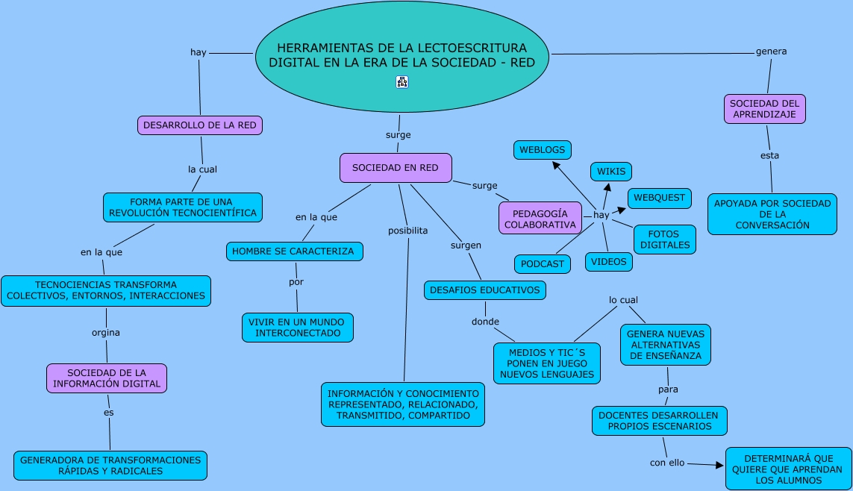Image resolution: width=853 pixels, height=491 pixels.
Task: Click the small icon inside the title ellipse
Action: pos(402,82)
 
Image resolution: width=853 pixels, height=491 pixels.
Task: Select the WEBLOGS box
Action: pos(543,150)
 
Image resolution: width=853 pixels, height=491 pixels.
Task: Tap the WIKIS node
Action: pos(611,172)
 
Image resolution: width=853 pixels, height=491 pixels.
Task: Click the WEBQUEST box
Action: pos(659,198)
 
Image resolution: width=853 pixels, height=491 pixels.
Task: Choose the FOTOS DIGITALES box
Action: pos(665,240)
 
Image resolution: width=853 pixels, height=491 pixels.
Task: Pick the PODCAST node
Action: pos(543,263)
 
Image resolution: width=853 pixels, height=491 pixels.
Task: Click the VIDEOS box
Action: pos(609,261)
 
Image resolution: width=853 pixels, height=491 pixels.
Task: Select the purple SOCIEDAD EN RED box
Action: pos(396,167)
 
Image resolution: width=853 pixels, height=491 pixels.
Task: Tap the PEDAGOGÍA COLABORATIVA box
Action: pos(540,219)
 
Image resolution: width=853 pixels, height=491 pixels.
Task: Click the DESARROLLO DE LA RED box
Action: pos(200,125)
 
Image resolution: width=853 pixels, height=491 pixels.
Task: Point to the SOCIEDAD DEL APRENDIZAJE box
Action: pos(764,109)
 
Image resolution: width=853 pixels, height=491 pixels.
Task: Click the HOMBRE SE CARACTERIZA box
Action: pos(294,251)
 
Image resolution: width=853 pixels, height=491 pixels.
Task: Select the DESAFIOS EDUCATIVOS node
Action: pos(484,290)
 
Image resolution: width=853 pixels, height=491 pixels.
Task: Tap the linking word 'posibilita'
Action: pos(408,231)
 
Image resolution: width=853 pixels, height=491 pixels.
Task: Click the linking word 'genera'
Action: pos(772,51)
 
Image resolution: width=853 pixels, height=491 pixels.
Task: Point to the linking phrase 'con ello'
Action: pos(667,463)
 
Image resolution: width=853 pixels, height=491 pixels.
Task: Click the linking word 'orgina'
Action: pos(105,332)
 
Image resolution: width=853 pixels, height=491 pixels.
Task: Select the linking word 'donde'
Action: pos(485,322)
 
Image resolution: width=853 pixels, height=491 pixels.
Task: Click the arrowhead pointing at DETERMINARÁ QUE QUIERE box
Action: pos(719,465)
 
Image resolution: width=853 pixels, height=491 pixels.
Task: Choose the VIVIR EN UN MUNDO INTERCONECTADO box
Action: pos(298,328)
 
